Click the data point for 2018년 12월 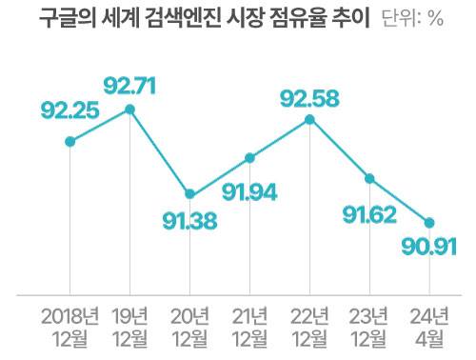pyautogui.click(x=69, y=142)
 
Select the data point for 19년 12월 pyautogui.click(x=129, y=110)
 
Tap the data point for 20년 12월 pyautogui.click(x=189, y=193)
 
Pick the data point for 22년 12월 pyautogui.click(x=309, y=119)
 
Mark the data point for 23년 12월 pyautogui.click(x=369, y=178)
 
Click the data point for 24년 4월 pyautogui.click(x=429, y=223)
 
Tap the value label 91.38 pyautogui.click(x=190, y=224)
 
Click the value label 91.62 pyautogui.click(x=369, y=212)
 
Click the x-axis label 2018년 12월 pyautogui.click(x=69, y=326)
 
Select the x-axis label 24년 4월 pyautogui.click(x=429, y=326)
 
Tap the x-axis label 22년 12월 pyautogui.click(x=309, y=326)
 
